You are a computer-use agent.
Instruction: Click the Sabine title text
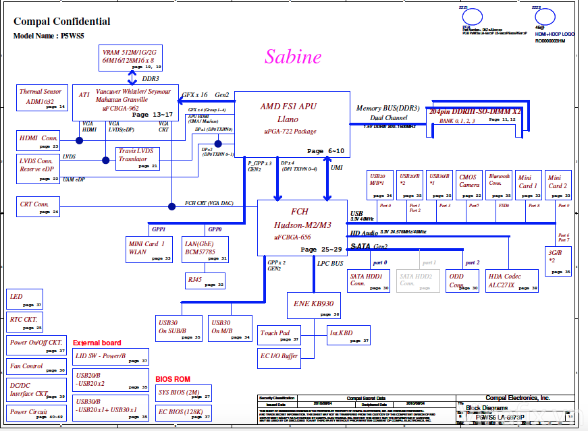292,57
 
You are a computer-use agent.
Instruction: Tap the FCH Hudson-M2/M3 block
302,227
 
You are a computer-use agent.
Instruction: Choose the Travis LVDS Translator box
138,159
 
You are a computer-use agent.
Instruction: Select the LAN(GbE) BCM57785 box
207,250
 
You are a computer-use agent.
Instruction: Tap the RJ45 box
206,281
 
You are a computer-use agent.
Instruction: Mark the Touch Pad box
279,335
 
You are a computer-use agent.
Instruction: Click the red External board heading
97,343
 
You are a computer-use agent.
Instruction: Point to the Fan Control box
36,368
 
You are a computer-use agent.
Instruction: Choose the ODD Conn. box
464,281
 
